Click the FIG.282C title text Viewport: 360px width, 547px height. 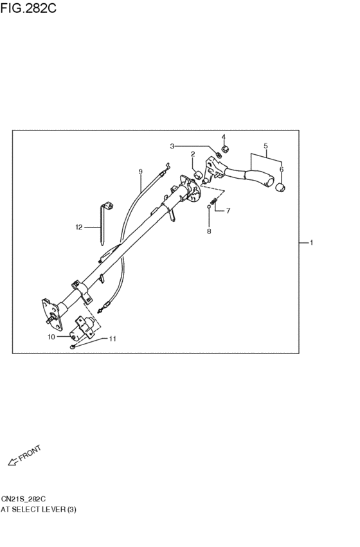(28, 8)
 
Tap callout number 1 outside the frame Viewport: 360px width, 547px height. (311, 242)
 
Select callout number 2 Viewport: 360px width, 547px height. (193, 154)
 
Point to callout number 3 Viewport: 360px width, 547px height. (172, 146)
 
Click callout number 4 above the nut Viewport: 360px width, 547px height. (224, 136)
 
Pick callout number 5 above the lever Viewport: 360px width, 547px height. (265, 146)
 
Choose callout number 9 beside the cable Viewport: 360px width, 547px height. (141, 171)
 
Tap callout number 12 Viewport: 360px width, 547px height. (79, 228)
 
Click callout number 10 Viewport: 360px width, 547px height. (51, 337)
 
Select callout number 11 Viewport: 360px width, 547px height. (113, 339)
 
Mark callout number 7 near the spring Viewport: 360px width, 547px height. (228, 211)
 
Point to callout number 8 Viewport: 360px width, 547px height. (209, 231)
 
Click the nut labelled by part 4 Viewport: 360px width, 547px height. (225, 149)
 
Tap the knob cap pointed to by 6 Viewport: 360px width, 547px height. (281, 187)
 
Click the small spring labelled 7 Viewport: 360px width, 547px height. (214, 201)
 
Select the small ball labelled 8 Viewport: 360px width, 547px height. (208, 206)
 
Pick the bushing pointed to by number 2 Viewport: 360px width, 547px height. (198, 174)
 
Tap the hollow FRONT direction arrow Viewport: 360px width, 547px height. (13, 462)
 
